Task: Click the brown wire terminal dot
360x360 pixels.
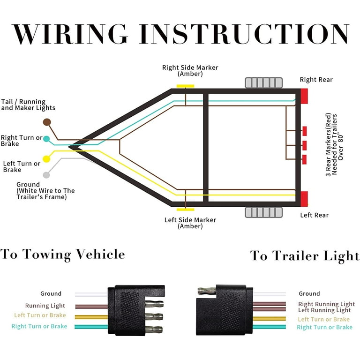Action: [47, 122]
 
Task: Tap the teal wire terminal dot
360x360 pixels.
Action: [46, 139]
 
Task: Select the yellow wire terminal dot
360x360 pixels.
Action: [46, 159]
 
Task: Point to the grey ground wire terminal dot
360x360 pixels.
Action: [46, 175]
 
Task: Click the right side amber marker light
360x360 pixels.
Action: [185, 86]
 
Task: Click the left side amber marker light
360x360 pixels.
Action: [185, 210]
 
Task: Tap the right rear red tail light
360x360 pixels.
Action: [304, 96]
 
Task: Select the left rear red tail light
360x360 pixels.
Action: [304, 199]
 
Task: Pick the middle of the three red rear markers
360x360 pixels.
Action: [304, 146]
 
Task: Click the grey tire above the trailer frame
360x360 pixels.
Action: [264, 82]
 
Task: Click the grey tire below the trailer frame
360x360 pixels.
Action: [264, 212]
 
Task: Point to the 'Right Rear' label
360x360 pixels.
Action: [316, 80]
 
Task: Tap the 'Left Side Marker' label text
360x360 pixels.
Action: [190, 220]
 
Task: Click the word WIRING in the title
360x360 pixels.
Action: [70, 34]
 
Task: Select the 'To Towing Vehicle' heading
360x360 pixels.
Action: [62, 255]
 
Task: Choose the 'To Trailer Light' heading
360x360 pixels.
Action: [305, 256]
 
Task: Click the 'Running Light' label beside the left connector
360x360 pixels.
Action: [45, 306]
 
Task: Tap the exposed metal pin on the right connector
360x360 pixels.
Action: [207, 291]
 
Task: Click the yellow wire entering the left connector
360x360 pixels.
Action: [91, 317]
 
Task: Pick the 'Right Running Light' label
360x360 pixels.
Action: [326, 304]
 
